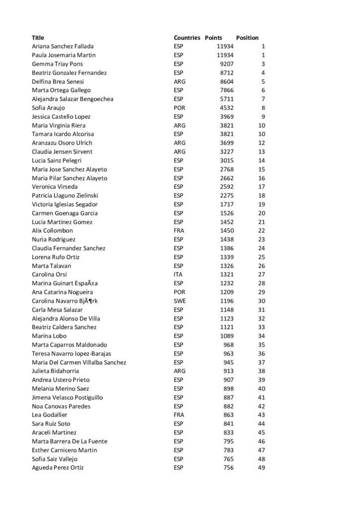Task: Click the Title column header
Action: click(38, 38)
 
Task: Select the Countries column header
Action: click(187, 38)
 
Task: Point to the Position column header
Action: click(247, 38)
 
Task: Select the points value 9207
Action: click(227, 64)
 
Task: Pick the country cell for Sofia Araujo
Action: click(180, 108)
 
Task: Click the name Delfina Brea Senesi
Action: click(58, 82)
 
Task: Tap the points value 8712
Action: click(227, 73)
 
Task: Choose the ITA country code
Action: click(179, 274)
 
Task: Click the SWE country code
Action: click(180, 301)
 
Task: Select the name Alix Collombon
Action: click(52, 231)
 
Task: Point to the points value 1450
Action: click(227, 231)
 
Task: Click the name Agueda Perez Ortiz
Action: click(58, 468)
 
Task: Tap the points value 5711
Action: click(227, 99)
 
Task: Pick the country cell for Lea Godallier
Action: click(179, 415)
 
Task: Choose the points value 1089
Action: click(227, 336)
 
